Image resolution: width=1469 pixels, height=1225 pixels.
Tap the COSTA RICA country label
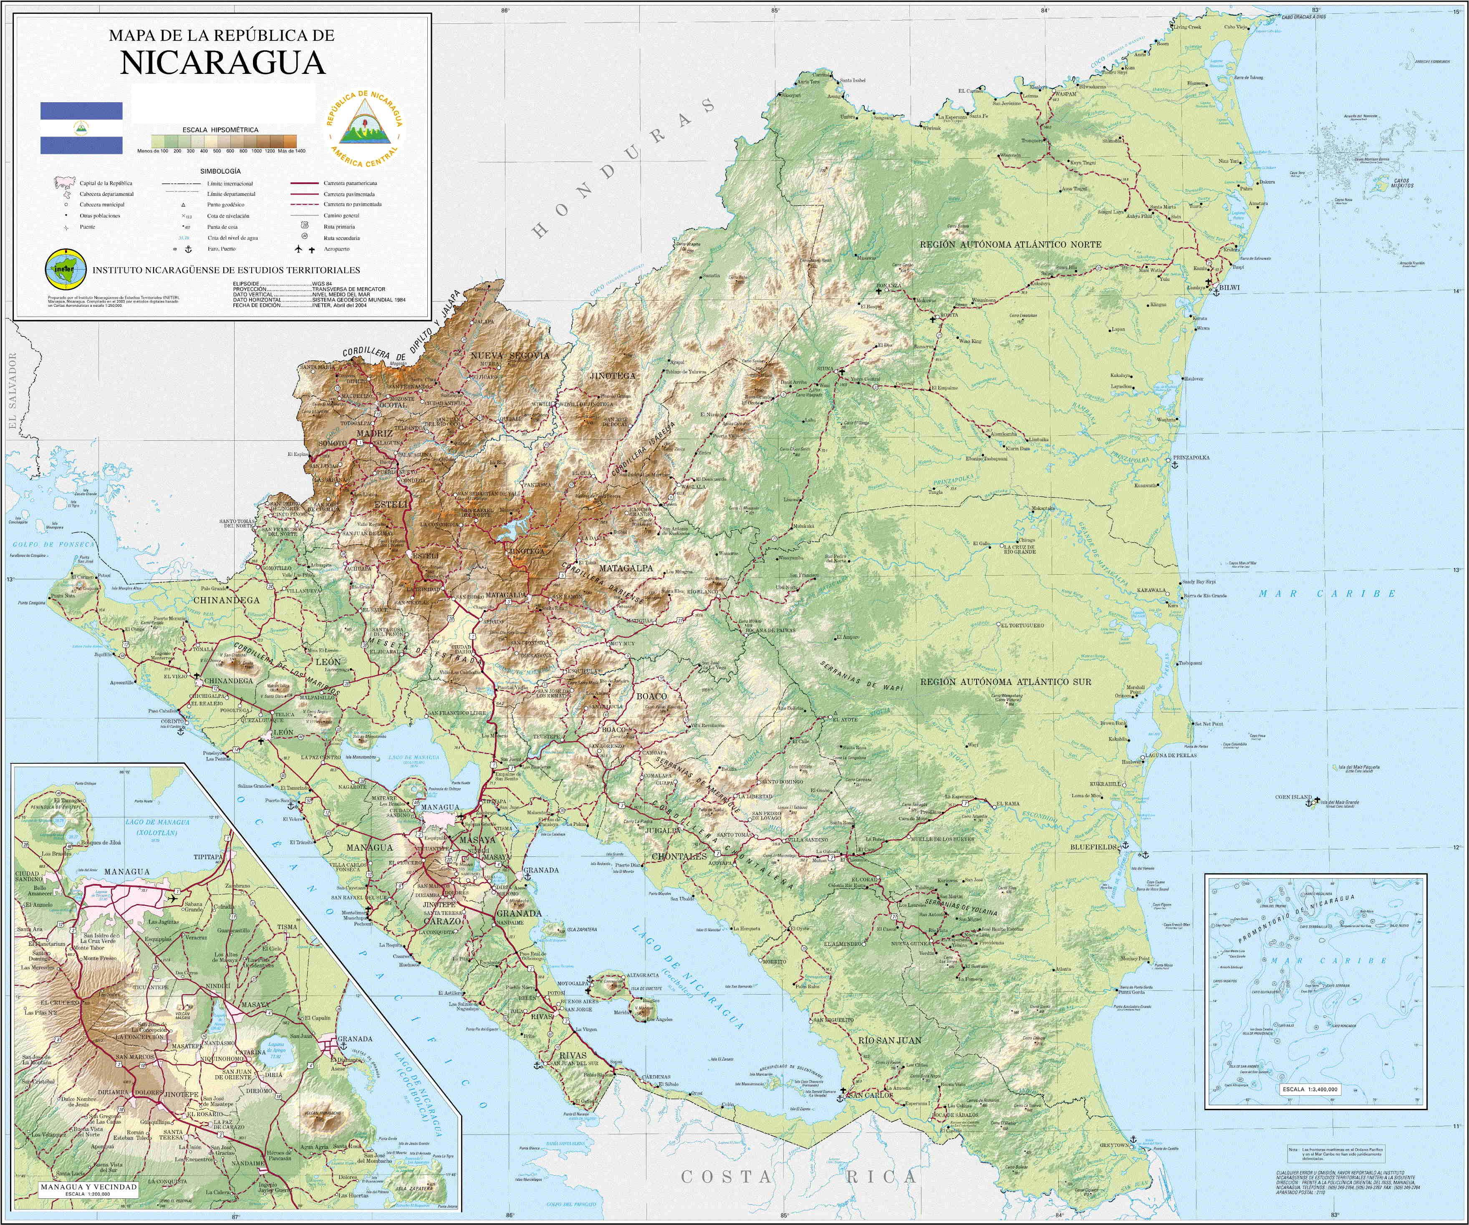(798, 1177)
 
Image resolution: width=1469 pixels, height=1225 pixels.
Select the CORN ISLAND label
(1293, 797)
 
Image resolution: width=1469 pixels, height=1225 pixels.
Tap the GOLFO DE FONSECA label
(53, 544)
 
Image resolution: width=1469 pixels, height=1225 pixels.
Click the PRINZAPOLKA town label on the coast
(1191, 457)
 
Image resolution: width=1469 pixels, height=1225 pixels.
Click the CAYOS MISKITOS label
(1403, 183)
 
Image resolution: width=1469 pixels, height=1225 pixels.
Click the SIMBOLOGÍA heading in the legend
(220, 171)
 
